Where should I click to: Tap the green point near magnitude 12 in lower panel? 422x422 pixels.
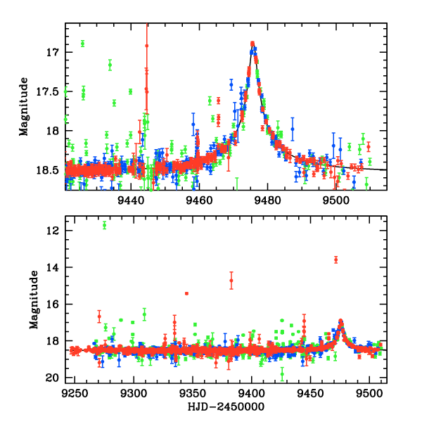point(105,225)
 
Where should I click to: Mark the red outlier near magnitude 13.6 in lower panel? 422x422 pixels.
point(336,260)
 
